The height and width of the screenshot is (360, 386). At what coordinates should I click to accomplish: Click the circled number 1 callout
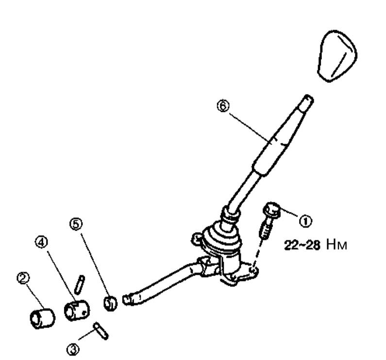coord(305,221)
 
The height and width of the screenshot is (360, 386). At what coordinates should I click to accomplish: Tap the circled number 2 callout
coord(23,278)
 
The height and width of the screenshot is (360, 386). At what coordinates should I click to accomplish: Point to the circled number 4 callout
coord(41,243)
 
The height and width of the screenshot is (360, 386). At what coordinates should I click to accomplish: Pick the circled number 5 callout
coord(76,224)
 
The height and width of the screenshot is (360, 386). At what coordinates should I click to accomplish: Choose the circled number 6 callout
coord(223,106)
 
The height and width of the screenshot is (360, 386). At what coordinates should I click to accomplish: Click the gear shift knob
coord(337,56)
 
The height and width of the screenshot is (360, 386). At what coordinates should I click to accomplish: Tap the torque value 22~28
coord(302,245)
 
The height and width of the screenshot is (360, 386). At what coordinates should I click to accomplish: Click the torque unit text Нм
coord(336,245)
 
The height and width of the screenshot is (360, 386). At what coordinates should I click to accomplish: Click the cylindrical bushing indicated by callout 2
coord(42,318)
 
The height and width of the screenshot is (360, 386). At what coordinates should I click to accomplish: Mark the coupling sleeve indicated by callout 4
coord(77,311)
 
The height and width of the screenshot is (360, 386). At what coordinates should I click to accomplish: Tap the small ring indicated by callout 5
coord(110,303)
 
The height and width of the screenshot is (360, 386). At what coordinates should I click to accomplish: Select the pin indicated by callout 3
coord(101,331)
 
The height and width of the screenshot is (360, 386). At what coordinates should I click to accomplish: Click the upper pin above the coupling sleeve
coord(80,285)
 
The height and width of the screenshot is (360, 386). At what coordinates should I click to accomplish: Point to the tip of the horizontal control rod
coord(127,300)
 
